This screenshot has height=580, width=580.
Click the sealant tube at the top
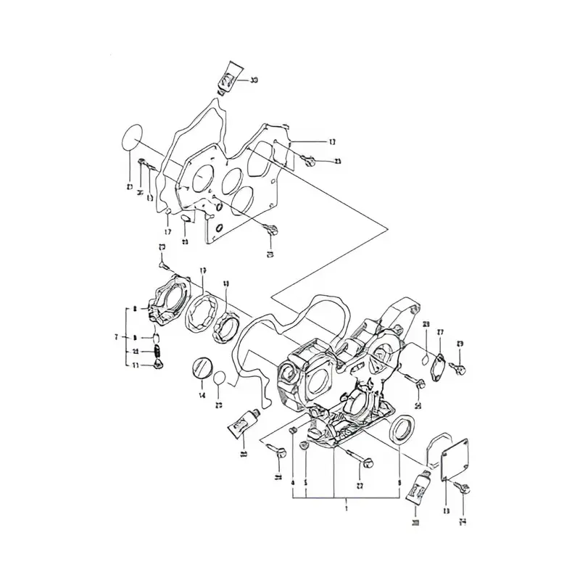[x=229, y=76]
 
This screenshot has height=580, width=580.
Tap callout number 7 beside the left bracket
[x=116, y=337]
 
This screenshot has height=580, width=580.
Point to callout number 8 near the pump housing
[x=135, y=310]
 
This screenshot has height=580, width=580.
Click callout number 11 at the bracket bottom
[x=135, y=366]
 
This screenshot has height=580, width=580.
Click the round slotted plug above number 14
[x=202, y=368]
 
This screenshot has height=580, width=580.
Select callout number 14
[x=202, y=395]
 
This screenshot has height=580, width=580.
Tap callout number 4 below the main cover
[x=292, y=482]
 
